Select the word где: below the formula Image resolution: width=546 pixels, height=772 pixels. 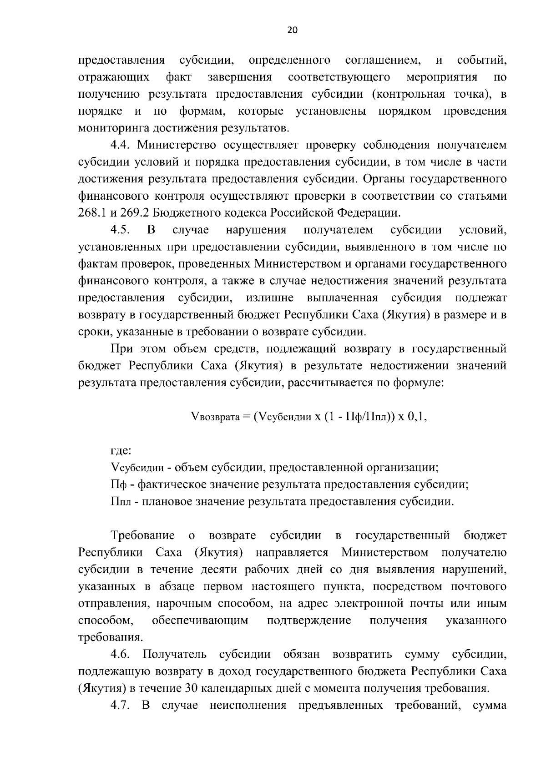121,451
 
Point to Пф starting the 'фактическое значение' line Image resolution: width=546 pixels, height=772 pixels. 119,485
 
